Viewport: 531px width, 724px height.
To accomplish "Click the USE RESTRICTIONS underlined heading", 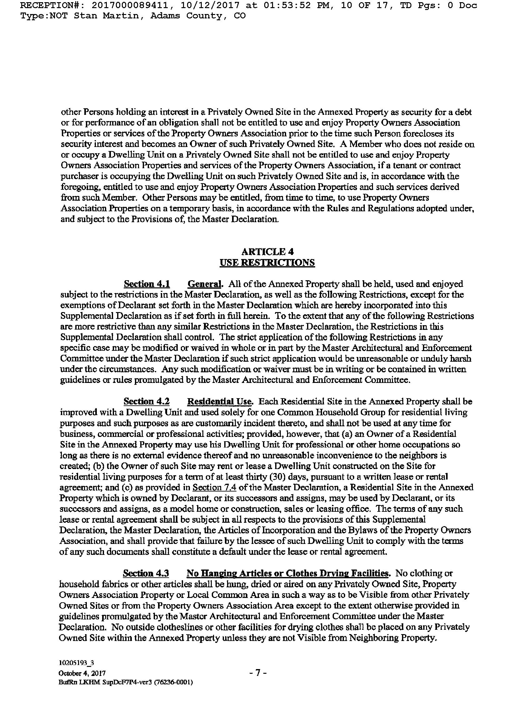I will click(267, 263).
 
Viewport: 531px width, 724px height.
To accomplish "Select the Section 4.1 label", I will click(147, 284).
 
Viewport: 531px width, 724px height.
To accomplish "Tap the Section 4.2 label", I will click(146, 402).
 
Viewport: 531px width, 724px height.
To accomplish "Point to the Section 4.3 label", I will click(146, 573).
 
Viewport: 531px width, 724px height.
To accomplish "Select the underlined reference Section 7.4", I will click(214, 487).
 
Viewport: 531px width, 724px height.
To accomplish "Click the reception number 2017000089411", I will click(129, 5).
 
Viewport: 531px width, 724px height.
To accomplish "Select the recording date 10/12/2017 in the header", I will click(209, 5).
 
